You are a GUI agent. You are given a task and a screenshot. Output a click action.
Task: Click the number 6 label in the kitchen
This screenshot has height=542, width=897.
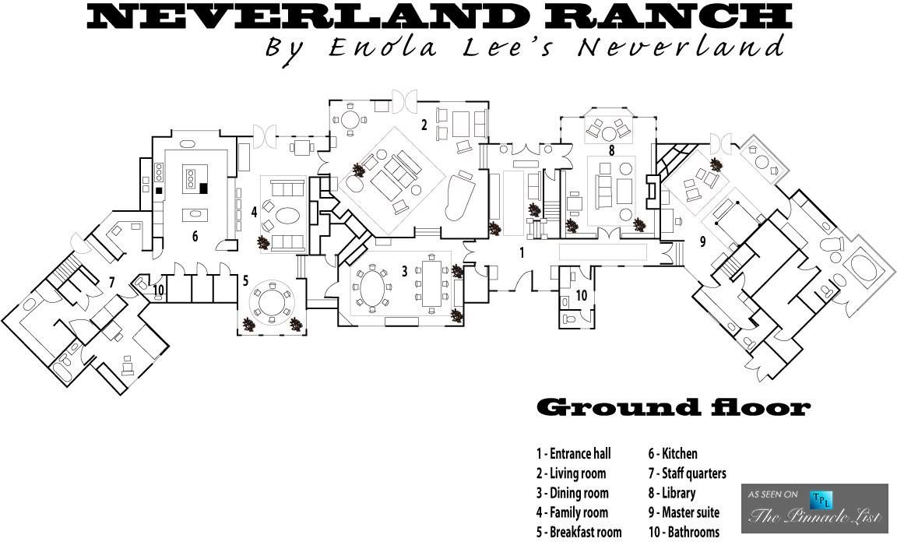[x=195, y=236]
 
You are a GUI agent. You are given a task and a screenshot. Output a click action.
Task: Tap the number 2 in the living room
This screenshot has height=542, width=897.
[x=424, y=124]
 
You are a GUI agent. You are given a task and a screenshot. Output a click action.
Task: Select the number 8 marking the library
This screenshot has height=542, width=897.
[x=611, y=150]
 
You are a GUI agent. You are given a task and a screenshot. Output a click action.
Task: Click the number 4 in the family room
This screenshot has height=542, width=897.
[x=254, y=212]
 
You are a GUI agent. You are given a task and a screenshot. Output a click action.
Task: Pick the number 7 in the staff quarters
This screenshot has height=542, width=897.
[x=112, y=282]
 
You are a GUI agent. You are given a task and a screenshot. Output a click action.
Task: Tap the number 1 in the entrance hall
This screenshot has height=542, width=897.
[x=522, y=252]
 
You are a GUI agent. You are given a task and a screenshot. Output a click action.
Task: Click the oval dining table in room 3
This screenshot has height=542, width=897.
[x=372, y=288]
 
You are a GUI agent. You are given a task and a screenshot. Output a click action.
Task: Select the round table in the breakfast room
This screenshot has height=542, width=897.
[x=273, y=299]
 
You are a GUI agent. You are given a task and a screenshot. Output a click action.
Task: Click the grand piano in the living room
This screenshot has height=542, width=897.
[x=459, y=195]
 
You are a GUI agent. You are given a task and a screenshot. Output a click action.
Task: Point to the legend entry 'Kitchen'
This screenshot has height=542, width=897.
[x=673, y=454]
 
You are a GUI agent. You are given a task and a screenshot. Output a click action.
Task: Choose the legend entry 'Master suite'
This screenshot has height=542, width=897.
[x=684, y=512]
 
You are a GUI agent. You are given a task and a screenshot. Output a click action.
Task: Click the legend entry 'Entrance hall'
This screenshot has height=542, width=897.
[x=573, y=454]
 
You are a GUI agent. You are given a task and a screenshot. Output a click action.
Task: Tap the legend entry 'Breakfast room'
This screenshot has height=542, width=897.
[x=579, y=532]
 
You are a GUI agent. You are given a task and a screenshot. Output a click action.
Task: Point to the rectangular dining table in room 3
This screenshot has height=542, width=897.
[x=432, y=284]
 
